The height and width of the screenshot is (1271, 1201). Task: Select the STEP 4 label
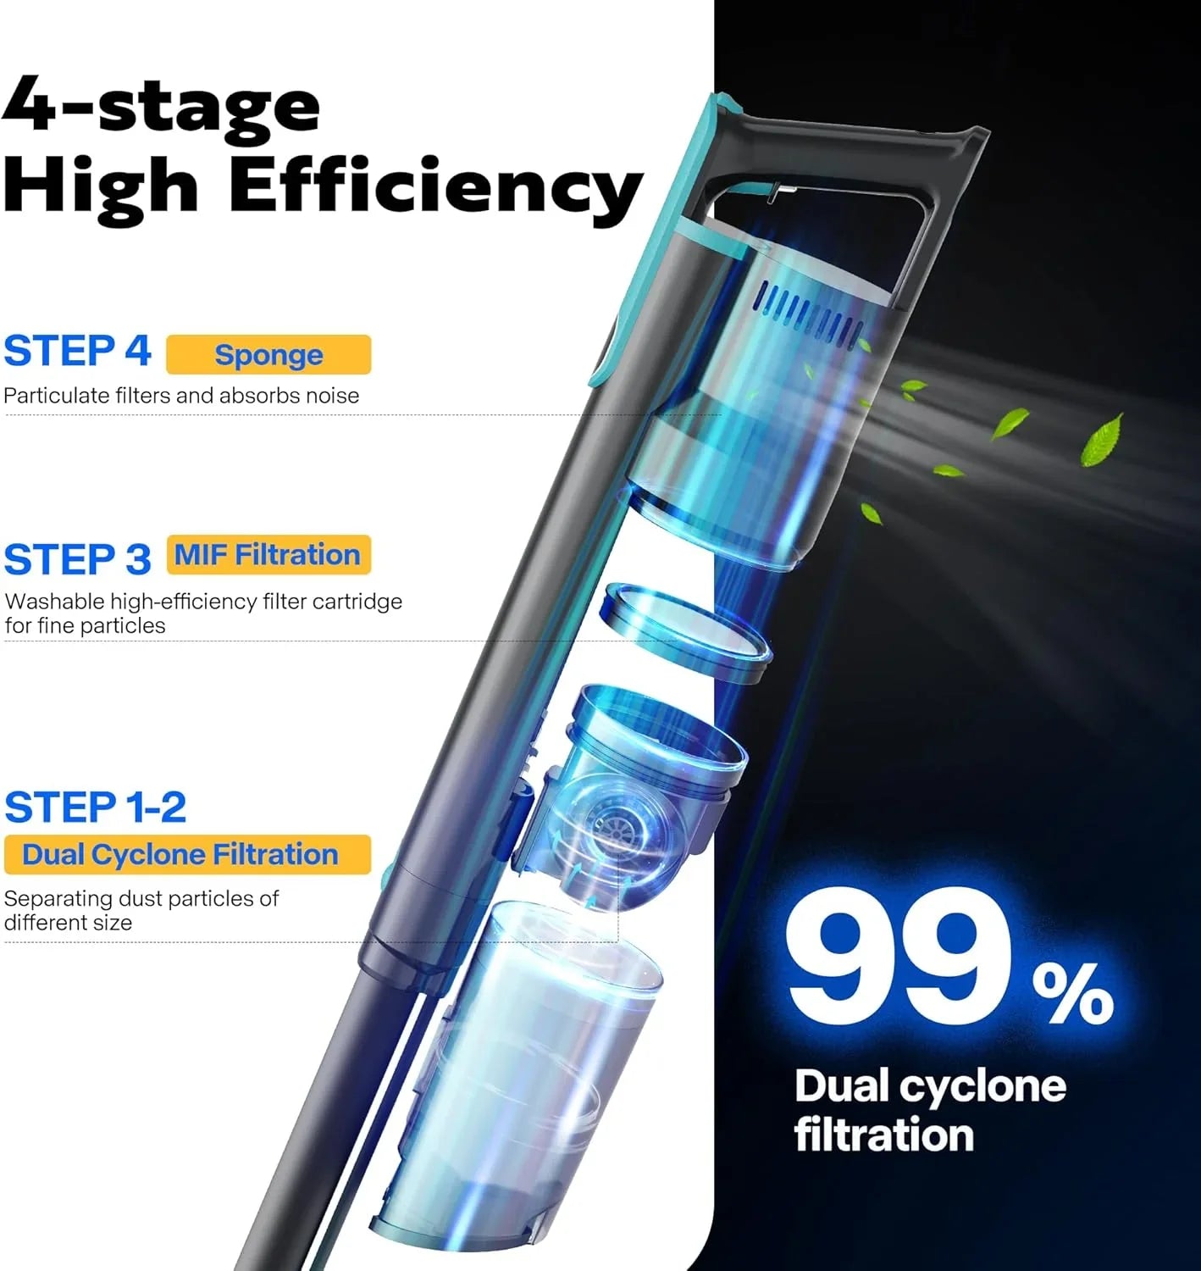[x=78, y=351]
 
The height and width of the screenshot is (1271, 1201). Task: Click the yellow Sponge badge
[x=268, y=354]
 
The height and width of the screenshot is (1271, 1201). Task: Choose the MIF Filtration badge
[x=268, y=555]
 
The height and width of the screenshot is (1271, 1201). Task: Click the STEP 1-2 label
[x=96, y=807]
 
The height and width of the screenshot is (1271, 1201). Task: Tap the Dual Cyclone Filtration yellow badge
[x=187, y=854]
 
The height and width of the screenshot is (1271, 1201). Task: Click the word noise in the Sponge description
[x=332, y=396]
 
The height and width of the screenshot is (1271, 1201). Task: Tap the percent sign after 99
[x=1072, y=992]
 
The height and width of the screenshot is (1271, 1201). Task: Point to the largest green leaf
[x=1102, y=439]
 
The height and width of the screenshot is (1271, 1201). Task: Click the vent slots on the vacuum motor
[x=808, y=315]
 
